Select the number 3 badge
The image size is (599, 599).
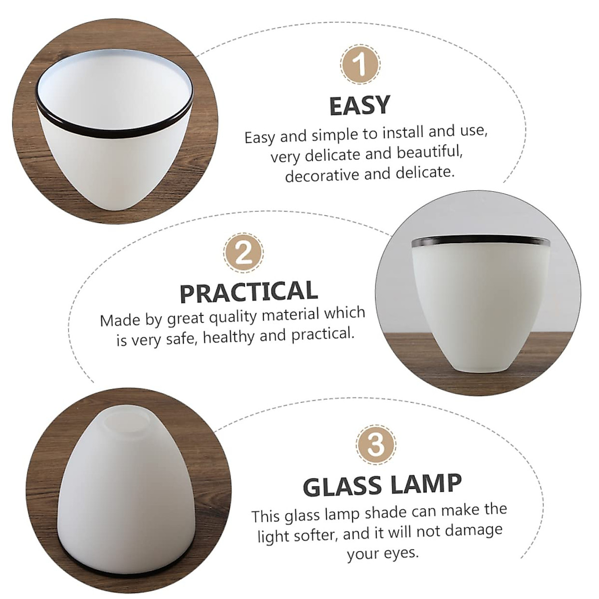pyautogui.click(x=376, y=444)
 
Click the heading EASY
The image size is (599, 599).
pyautogui.click(x=359, y=105)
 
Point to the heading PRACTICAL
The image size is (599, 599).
pyautogui.click(x=249, y=292)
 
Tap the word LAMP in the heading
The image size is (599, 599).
pyautogui.click(x=427, y=483)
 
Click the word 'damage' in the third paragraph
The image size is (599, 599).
pyautogui.click(x=473, y=529)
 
